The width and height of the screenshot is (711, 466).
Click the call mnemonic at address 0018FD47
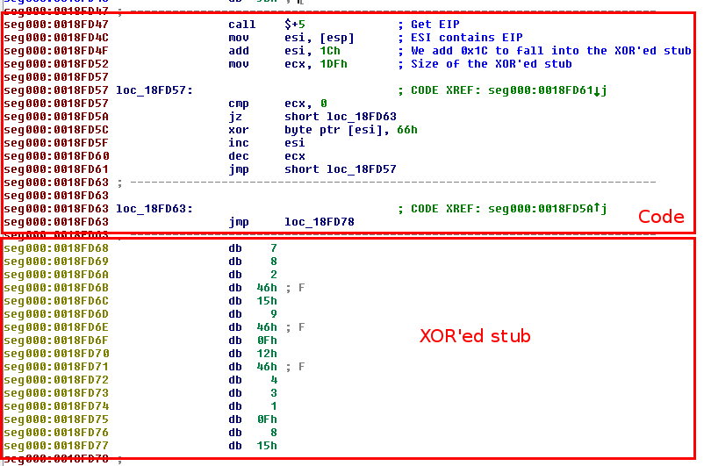click(241, 25)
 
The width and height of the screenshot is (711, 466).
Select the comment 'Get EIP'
click(434, 25)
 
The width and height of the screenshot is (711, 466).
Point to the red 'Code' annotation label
click(661, 217)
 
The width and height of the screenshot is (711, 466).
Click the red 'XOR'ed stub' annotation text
click(475, 336)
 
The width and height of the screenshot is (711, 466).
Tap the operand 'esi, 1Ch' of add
click(320, 51)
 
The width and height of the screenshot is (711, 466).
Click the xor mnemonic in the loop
click(239, 130)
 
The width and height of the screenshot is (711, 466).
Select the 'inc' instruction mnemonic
click(239, 143)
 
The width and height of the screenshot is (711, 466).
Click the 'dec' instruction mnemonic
click(239, 156)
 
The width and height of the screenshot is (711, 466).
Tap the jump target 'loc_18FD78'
click(320, 222)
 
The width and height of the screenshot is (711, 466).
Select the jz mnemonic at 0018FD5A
click(235, 117)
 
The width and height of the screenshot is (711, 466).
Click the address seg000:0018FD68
click(56, 248)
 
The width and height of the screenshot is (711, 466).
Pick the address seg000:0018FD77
click(56, 446)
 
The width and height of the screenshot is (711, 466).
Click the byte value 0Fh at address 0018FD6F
click(268, 341)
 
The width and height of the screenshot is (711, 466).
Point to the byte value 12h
click(268, 354)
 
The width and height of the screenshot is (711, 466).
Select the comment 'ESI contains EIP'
click(466, 38)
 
